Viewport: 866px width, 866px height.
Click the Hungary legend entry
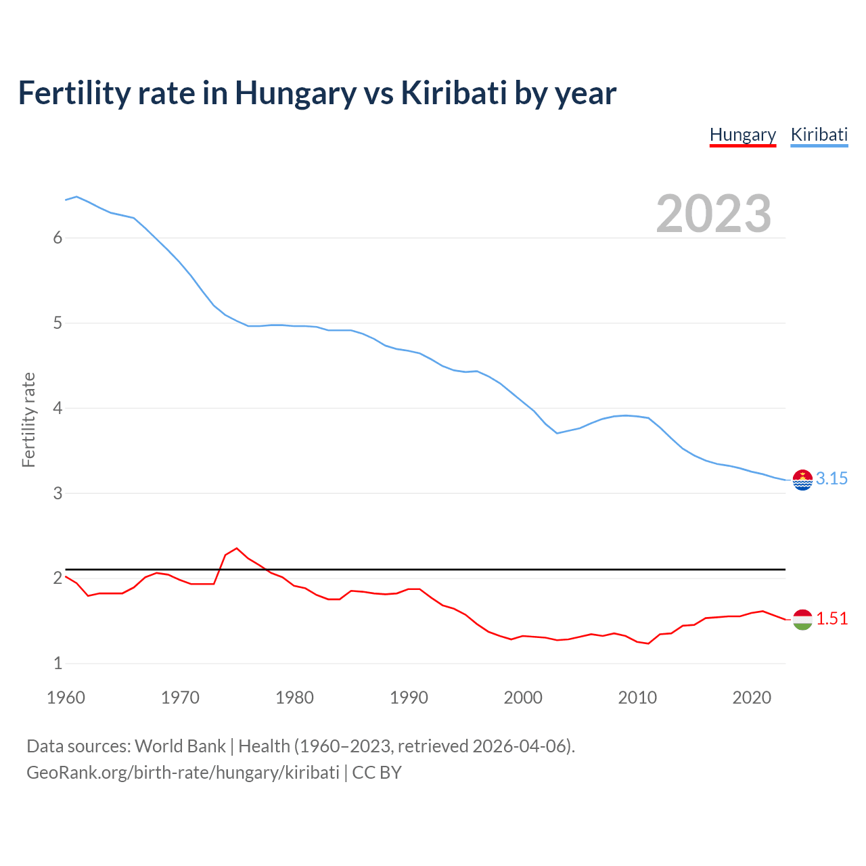point(742,135)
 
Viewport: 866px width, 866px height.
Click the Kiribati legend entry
point(819,135)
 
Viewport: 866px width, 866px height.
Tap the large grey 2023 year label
point(714,214)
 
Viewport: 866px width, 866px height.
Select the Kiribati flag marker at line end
point(802,480)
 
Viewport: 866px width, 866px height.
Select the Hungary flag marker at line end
point(802,619)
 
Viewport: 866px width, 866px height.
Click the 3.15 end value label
point(831,479)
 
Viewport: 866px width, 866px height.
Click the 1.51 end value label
point(831,619)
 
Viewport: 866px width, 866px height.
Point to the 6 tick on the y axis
point(58,238)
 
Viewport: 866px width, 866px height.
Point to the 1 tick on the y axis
point(58,664)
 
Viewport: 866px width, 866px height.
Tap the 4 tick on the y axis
point(58,409)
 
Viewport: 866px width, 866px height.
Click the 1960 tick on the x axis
point(66,698)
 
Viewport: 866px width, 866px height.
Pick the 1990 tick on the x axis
point(409,698)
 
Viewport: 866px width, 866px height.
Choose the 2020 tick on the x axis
point(752,698)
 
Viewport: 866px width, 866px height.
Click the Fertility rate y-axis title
point(28,419)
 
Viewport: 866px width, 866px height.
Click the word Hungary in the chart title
point(295,93)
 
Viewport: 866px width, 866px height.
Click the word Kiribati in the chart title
point(453,93)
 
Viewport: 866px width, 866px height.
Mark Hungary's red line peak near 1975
point(236,548)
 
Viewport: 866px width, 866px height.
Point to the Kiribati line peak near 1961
point(76,197)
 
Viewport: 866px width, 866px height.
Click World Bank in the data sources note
point(180,746)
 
